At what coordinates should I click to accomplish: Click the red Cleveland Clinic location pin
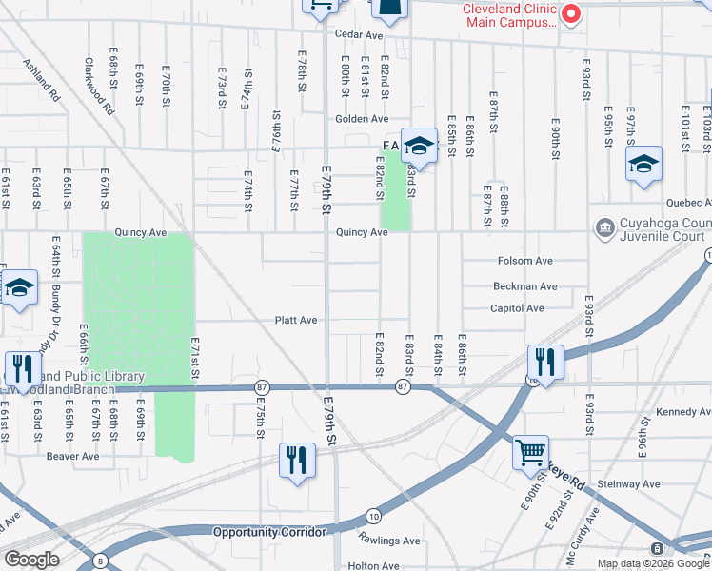571,13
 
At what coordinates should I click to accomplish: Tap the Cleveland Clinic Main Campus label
508,16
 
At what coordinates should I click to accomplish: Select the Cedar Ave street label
358,35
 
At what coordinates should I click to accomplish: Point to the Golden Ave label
362,119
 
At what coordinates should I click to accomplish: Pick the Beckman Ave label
524,286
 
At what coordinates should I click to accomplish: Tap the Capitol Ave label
517,308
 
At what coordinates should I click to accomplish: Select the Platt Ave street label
296,321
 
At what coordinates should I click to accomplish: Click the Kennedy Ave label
683,414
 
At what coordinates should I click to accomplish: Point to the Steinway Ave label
631,484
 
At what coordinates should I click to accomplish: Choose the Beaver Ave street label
73,457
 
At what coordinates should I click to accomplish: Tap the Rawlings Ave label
389,541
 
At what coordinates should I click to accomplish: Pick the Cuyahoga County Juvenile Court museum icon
604,228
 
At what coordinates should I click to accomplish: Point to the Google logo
31,560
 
